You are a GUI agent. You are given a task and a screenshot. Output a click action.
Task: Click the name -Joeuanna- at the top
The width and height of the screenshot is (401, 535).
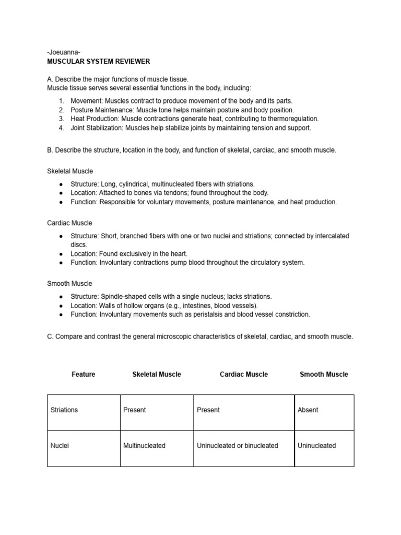[64, 53]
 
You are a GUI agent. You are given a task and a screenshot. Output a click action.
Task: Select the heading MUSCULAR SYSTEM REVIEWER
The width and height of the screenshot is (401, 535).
[98, 62]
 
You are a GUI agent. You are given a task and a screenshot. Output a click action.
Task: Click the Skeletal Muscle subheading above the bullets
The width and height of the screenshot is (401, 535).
[70, 171]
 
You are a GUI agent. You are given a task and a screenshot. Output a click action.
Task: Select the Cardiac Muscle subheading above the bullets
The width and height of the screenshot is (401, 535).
[69, 223]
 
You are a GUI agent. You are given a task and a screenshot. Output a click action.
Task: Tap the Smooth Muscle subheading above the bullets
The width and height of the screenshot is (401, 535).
[69, 284]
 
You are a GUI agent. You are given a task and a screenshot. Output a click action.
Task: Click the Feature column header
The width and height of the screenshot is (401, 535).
[83, 374]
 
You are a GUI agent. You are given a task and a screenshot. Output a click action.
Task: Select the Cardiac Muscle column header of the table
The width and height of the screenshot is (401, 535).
[243, 374]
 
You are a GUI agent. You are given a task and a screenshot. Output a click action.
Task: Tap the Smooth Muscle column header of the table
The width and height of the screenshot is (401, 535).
[324, 374]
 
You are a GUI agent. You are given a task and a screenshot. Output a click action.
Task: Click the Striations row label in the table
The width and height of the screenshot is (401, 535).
[64, 410]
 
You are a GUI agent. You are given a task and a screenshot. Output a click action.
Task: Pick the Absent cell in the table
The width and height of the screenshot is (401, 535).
[308, 410]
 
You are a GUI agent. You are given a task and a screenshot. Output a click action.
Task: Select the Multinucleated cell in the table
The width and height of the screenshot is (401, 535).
[144, 446]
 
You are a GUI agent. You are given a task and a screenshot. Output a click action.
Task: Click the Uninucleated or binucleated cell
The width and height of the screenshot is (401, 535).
[237, 446]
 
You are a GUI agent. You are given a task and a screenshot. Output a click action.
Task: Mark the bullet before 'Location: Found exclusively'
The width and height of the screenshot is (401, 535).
[61, 253]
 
